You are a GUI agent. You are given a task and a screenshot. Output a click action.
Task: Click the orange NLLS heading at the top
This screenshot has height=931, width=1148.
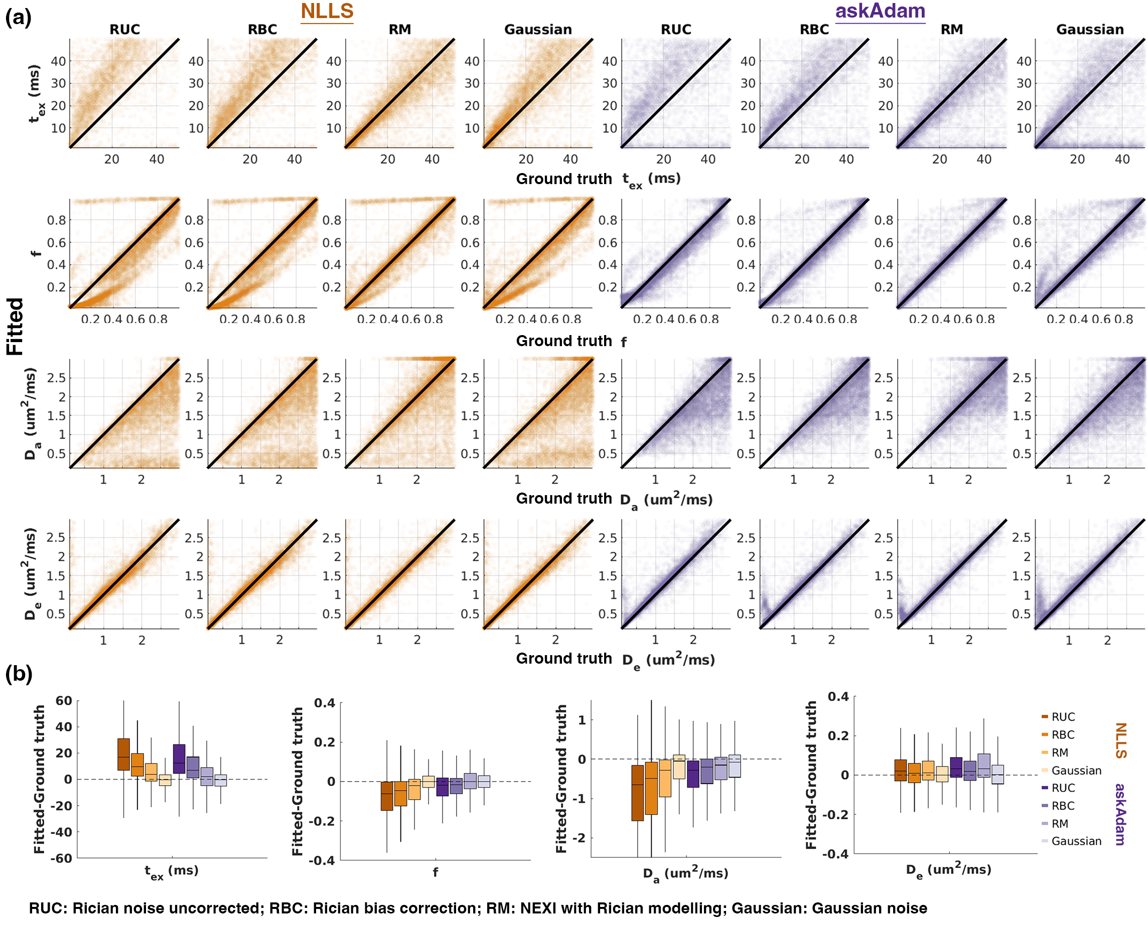pos(327,11)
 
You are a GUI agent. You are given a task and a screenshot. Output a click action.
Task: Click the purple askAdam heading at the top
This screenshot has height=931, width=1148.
pos(880,11)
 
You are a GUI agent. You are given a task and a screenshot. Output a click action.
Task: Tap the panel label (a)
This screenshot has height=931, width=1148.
pos(18,18)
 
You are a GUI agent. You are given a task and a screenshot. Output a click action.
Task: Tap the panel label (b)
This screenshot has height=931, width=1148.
pos(18,674)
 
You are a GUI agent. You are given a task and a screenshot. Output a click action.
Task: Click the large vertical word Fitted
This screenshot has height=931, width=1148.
pos(15,326)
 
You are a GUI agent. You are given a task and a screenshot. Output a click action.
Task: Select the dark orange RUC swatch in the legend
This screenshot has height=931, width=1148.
pos(1045,716)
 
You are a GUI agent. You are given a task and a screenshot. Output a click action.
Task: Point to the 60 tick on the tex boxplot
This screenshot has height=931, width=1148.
pos(63,700)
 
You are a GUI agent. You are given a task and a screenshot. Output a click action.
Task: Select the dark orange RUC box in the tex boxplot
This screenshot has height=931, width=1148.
pos(123,754)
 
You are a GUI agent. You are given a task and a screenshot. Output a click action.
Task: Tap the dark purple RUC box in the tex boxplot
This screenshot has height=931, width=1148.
pos(179,759)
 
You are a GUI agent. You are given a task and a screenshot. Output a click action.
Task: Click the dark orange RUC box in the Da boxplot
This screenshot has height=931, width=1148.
pos(637,793)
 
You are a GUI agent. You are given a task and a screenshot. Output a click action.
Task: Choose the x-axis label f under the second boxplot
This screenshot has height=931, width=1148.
pos(435,872)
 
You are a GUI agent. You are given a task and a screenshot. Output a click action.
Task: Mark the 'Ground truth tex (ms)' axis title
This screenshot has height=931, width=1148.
pos(598,180)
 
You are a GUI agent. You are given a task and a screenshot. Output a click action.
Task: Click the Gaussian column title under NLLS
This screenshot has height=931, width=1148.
pos(538,30)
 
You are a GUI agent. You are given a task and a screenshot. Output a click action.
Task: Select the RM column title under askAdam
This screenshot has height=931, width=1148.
pos(952,30)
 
